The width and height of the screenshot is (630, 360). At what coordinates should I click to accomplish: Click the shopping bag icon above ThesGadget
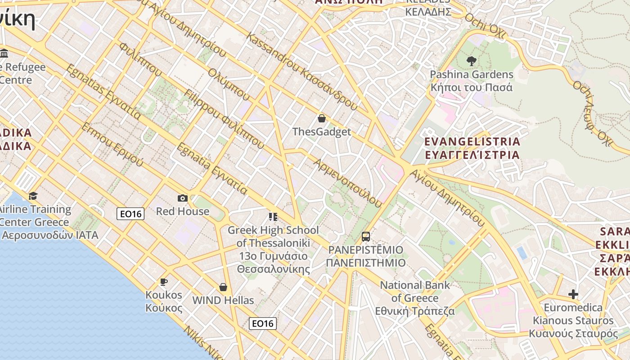click(x=322, y=119)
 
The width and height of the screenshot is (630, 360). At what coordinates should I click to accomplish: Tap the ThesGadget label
click(x=321, y=132)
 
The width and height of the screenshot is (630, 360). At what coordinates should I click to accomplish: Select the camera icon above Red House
click(x=183, y=198)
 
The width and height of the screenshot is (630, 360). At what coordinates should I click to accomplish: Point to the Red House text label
click(x=183, y=211)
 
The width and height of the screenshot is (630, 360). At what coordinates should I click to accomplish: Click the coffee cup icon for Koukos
click(x=164, y=282)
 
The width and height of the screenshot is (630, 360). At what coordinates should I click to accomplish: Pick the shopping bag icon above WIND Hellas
click(x=223, y=287)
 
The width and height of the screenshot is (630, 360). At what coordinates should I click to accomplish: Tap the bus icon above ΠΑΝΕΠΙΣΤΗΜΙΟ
click(x=366, y=237)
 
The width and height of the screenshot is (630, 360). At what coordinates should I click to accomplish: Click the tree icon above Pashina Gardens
click(x=472, y=61)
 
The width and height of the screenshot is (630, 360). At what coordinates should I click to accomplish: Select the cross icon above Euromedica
click(x=573, y=295)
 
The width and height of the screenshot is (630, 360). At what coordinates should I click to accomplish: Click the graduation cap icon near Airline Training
click(x=33, y=196)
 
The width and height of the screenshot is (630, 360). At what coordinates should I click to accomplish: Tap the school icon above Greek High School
click(x=273, y=217)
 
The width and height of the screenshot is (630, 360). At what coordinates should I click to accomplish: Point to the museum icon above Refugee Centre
click(x=4, y=54)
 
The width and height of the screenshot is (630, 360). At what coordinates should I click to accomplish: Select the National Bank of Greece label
click(x=415, y=298)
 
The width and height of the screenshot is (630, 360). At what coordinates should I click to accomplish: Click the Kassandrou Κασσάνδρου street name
click(x=301, y=72)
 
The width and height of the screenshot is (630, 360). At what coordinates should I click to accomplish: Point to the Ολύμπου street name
click(x=229, y=85)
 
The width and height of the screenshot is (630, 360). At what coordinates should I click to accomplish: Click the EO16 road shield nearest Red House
click(x=130, y=214)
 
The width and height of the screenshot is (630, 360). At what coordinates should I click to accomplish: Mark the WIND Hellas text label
click(x=223, y=300)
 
